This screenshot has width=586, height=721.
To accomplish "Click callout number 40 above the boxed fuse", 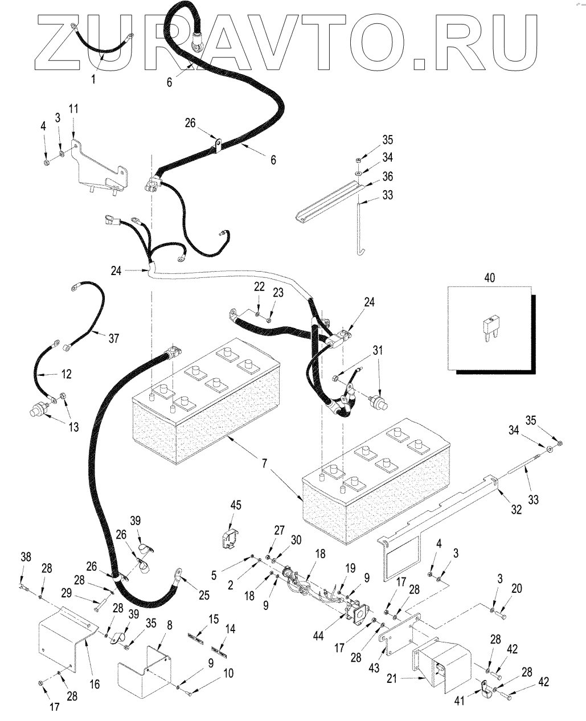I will [489, 278].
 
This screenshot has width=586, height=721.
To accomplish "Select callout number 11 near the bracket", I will [75, 108].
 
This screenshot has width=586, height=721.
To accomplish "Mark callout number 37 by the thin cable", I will [114, 338].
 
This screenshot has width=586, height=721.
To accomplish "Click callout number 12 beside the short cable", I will [67, 374].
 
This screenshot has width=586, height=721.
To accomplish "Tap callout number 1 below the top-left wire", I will [95, 79].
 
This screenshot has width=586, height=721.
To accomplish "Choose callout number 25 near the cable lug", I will [203, 596].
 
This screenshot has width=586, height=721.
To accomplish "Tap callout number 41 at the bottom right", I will [460, 700].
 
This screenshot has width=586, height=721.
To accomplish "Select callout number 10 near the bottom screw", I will [228, 673].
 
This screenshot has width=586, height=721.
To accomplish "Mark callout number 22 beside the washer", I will [259, 288].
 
